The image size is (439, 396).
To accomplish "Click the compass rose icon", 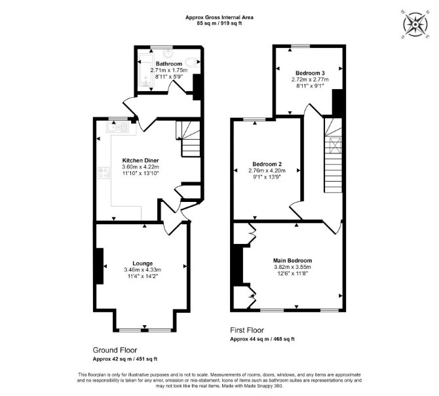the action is point(415,25).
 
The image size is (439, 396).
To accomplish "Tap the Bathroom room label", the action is point(169,64).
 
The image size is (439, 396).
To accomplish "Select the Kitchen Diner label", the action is point(141,161).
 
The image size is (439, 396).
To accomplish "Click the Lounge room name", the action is point(142,264).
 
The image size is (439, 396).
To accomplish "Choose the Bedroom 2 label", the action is point(267,164).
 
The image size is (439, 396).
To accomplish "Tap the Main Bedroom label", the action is point(293,260).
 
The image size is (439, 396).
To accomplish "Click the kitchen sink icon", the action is point(117,127).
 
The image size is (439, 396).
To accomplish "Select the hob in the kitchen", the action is point(104,172).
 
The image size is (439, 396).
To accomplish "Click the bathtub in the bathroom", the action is point(146,69).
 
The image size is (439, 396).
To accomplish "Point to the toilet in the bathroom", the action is point(193,62).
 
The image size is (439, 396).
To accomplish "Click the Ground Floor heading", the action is point(115,350).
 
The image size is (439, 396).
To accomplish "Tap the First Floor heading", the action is point(247,330).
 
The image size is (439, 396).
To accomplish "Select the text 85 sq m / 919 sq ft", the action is point(220,23).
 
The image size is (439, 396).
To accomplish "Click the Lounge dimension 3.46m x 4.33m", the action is point(142,270).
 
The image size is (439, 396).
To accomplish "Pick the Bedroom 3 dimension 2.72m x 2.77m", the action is point(310,79).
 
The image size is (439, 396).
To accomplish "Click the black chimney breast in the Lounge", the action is point(99,266).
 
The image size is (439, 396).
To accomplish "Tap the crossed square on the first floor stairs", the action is point(334,145).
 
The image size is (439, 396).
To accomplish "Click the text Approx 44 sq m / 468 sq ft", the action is point(262,339).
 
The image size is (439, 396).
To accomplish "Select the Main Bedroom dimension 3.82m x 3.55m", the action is point(293,267).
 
